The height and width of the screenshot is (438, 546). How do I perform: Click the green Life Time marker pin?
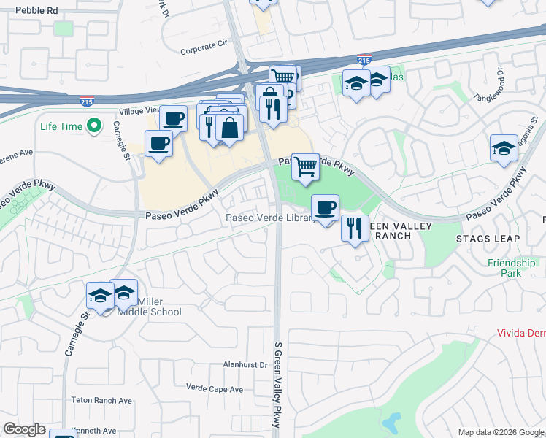(93, 126)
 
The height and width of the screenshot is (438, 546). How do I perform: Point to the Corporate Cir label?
(204, 52)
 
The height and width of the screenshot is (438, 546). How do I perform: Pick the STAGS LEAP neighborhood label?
(488, 239)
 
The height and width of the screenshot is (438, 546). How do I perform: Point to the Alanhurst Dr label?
(246, 364)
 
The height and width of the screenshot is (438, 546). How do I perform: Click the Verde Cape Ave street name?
(214, 389)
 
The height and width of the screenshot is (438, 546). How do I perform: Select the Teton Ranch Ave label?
(101, 401)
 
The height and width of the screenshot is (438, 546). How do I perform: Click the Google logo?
(24, 429)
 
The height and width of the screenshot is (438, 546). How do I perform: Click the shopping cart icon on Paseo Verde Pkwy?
(306, 166)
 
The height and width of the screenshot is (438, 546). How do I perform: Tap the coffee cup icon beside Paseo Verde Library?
(326, 207)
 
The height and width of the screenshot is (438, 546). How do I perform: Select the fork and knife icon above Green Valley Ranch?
(354, 228)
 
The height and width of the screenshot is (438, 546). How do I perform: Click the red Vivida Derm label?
(520, 333)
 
